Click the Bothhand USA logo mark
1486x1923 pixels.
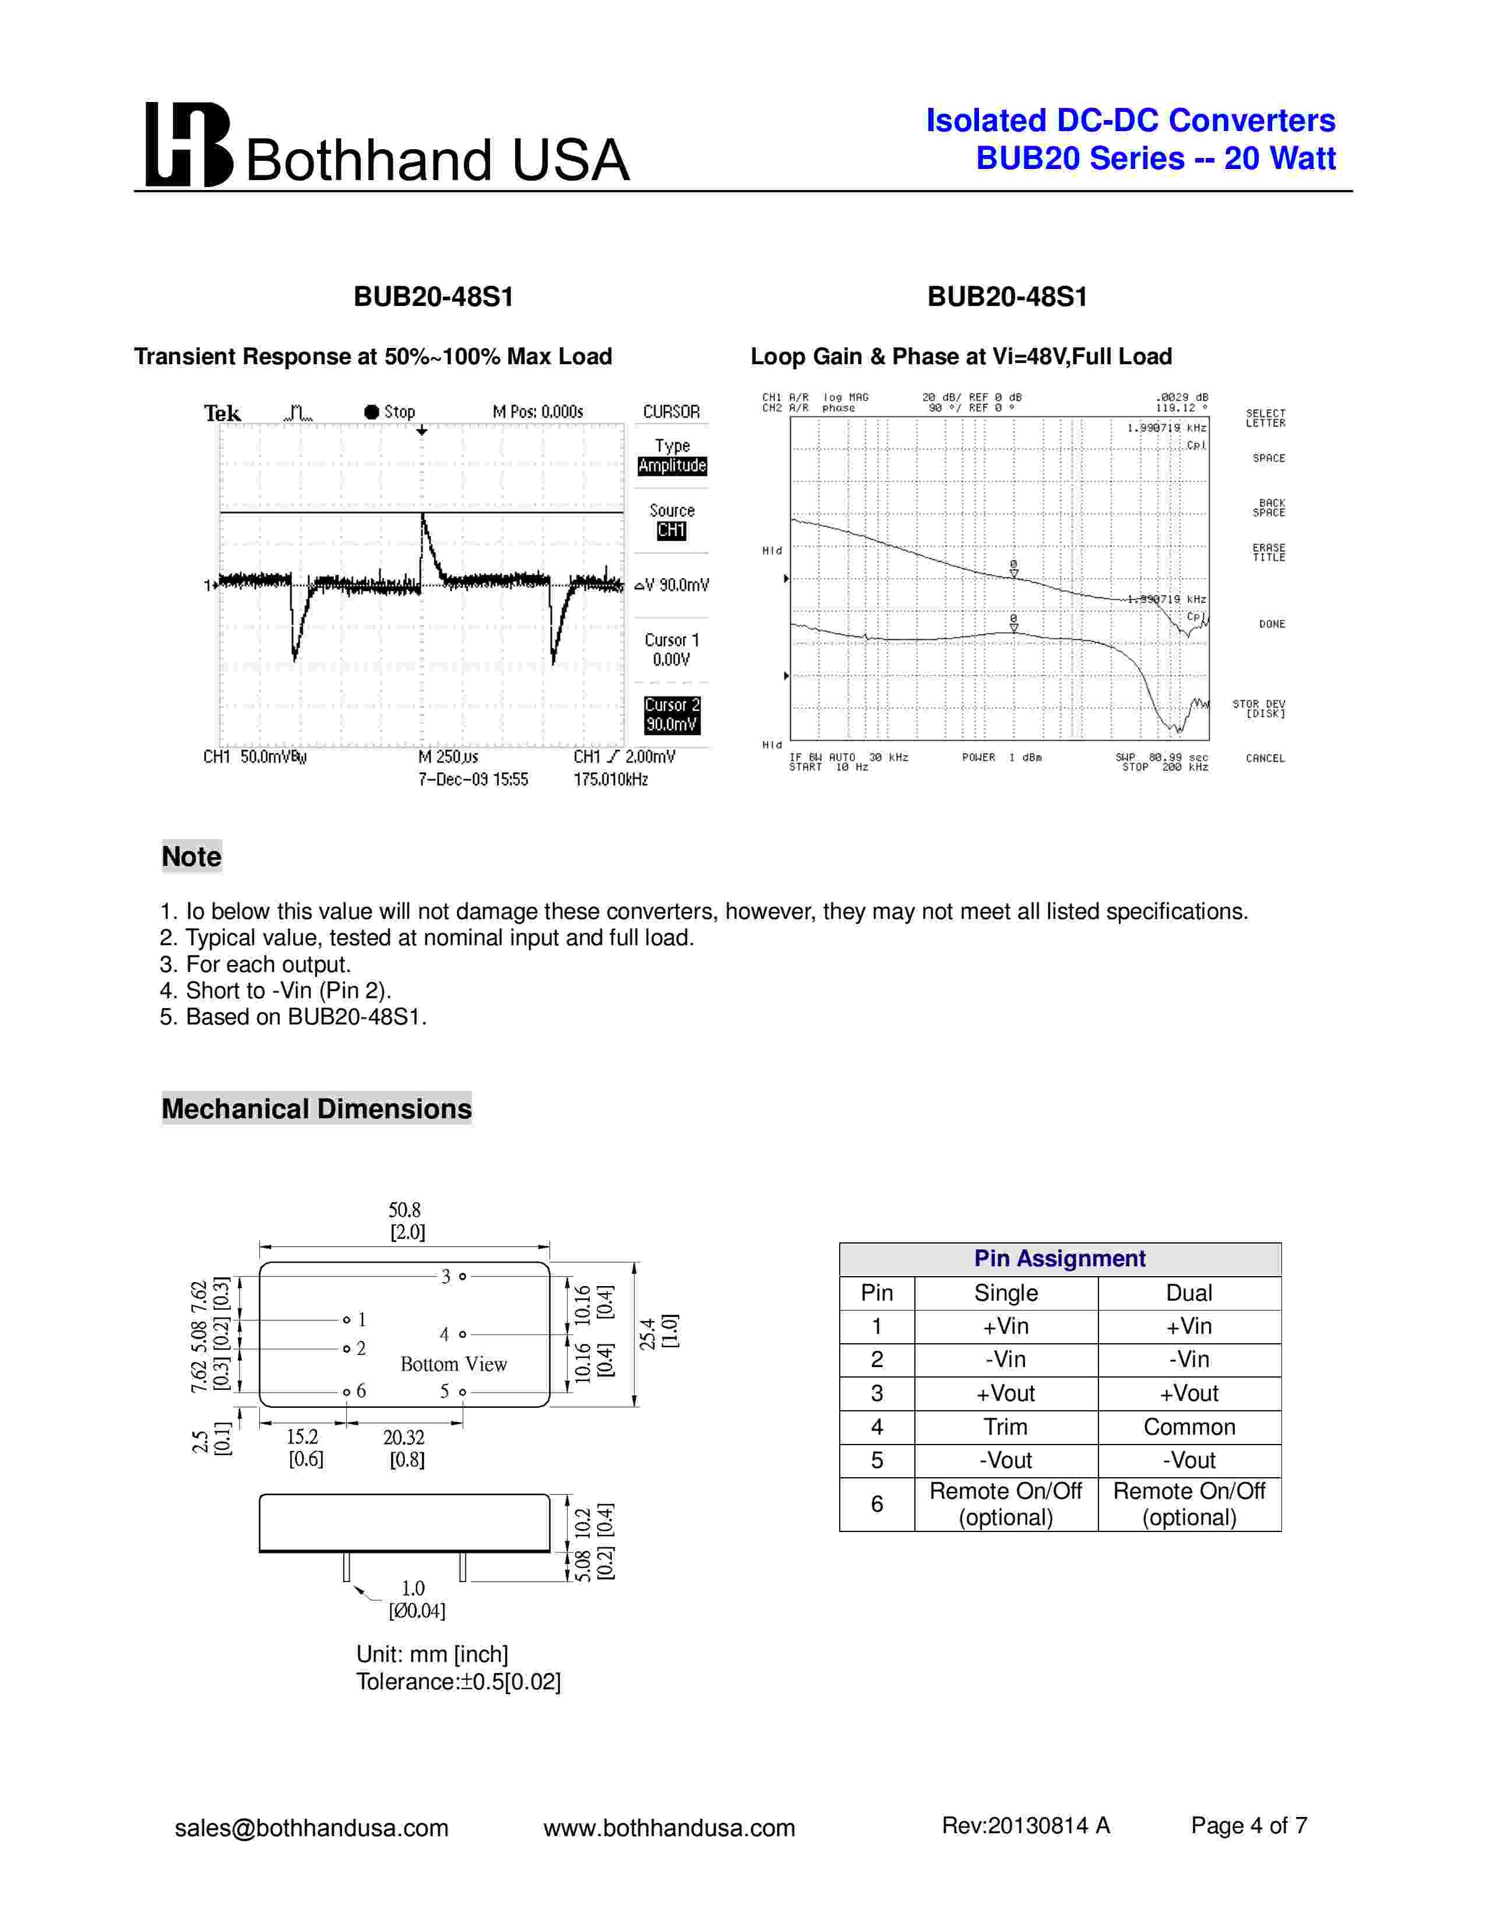188,145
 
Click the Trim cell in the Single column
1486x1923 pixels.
1005,1427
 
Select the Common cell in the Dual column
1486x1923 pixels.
1188,1427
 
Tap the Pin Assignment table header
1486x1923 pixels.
1059,1258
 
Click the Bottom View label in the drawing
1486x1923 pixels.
453,1364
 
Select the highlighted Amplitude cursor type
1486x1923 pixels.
672,466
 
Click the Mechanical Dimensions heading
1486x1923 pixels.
317,1108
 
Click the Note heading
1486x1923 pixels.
192,857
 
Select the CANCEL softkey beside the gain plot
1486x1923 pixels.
1265,758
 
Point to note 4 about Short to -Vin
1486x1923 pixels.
276,991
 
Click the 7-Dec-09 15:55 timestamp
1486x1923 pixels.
474,779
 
